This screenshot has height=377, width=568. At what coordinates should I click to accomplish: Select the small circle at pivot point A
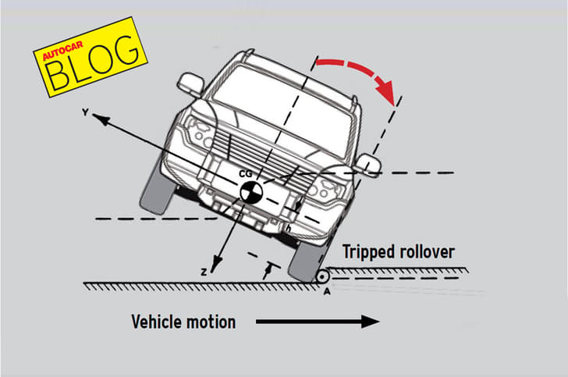(321, 276)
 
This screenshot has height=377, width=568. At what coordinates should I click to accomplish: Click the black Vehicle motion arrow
(316, 321)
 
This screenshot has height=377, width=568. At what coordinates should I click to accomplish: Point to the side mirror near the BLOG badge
(190, 84)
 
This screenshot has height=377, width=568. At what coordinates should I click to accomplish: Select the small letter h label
(288, 229)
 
